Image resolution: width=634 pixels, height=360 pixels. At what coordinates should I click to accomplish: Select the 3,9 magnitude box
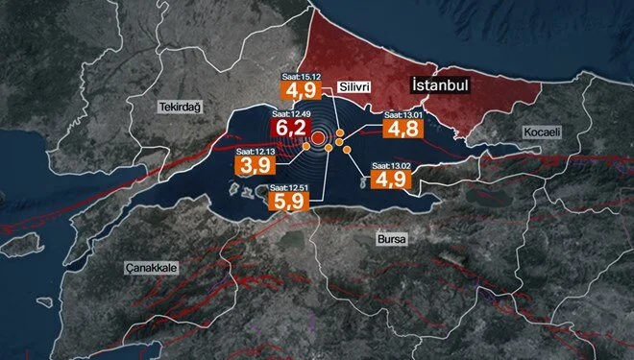pyautogui.click(x=254, y=165)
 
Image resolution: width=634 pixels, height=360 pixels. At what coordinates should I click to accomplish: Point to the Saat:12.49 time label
pyautogui.click(x=290, y=112)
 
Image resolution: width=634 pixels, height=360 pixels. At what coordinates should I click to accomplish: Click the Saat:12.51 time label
pyautogui.click(x=290, y=187)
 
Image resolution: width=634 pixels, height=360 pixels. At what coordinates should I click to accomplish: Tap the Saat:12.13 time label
pyautogui.click(x=254, y=150)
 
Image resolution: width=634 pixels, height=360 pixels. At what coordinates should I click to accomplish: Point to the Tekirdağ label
pyautogui.click(x=179, y=108)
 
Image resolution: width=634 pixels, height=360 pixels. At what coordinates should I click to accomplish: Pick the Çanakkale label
pyautogui.click(x=152, y=269)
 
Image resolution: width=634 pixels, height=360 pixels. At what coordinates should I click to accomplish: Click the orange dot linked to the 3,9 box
pyautogui.click(x=329, y=149)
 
